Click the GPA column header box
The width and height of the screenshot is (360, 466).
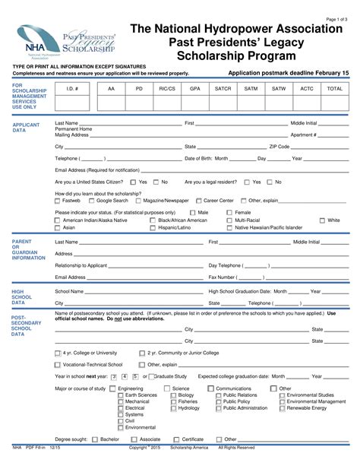[194, 88]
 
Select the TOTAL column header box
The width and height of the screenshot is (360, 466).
[334, 88]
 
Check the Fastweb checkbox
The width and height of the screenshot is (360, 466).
[58, 201]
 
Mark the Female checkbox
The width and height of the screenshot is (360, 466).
[230, 213]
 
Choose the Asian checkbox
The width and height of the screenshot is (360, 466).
[58, 227]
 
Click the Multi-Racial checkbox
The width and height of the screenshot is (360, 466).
[230, 220]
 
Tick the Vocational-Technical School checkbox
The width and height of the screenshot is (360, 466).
[58, 364]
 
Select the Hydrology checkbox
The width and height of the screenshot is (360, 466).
[172, 408]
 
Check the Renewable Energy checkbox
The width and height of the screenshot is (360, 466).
[282, 408]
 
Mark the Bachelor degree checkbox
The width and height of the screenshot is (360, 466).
[96, 439]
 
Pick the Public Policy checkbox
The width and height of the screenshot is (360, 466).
[218, 401]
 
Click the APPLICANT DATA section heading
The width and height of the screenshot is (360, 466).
[27, 127]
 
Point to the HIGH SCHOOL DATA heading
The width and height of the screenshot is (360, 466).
[22, 296]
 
